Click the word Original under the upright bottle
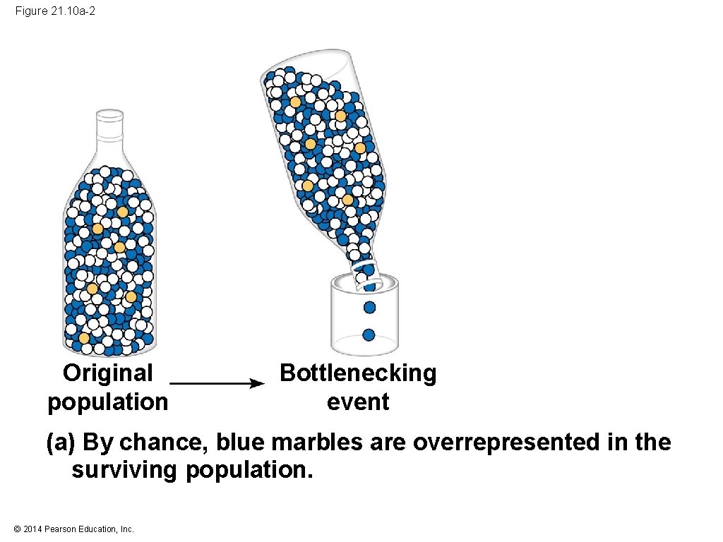[x=107, y=372]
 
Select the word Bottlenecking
[x=358, y=372]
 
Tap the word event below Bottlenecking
[x=358, y=402]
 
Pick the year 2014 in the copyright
[x=32, y=529]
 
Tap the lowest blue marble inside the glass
[x=369, y=335]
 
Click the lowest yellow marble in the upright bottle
[x=85, y=338]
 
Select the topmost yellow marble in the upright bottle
[x=123, y=212]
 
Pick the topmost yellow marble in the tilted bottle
[x=295, y=102]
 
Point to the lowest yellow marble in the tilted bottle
[x=347, y=200]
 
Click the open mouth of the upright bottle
[x=109, y=112]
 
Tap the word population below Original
[x=107, y=402]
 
